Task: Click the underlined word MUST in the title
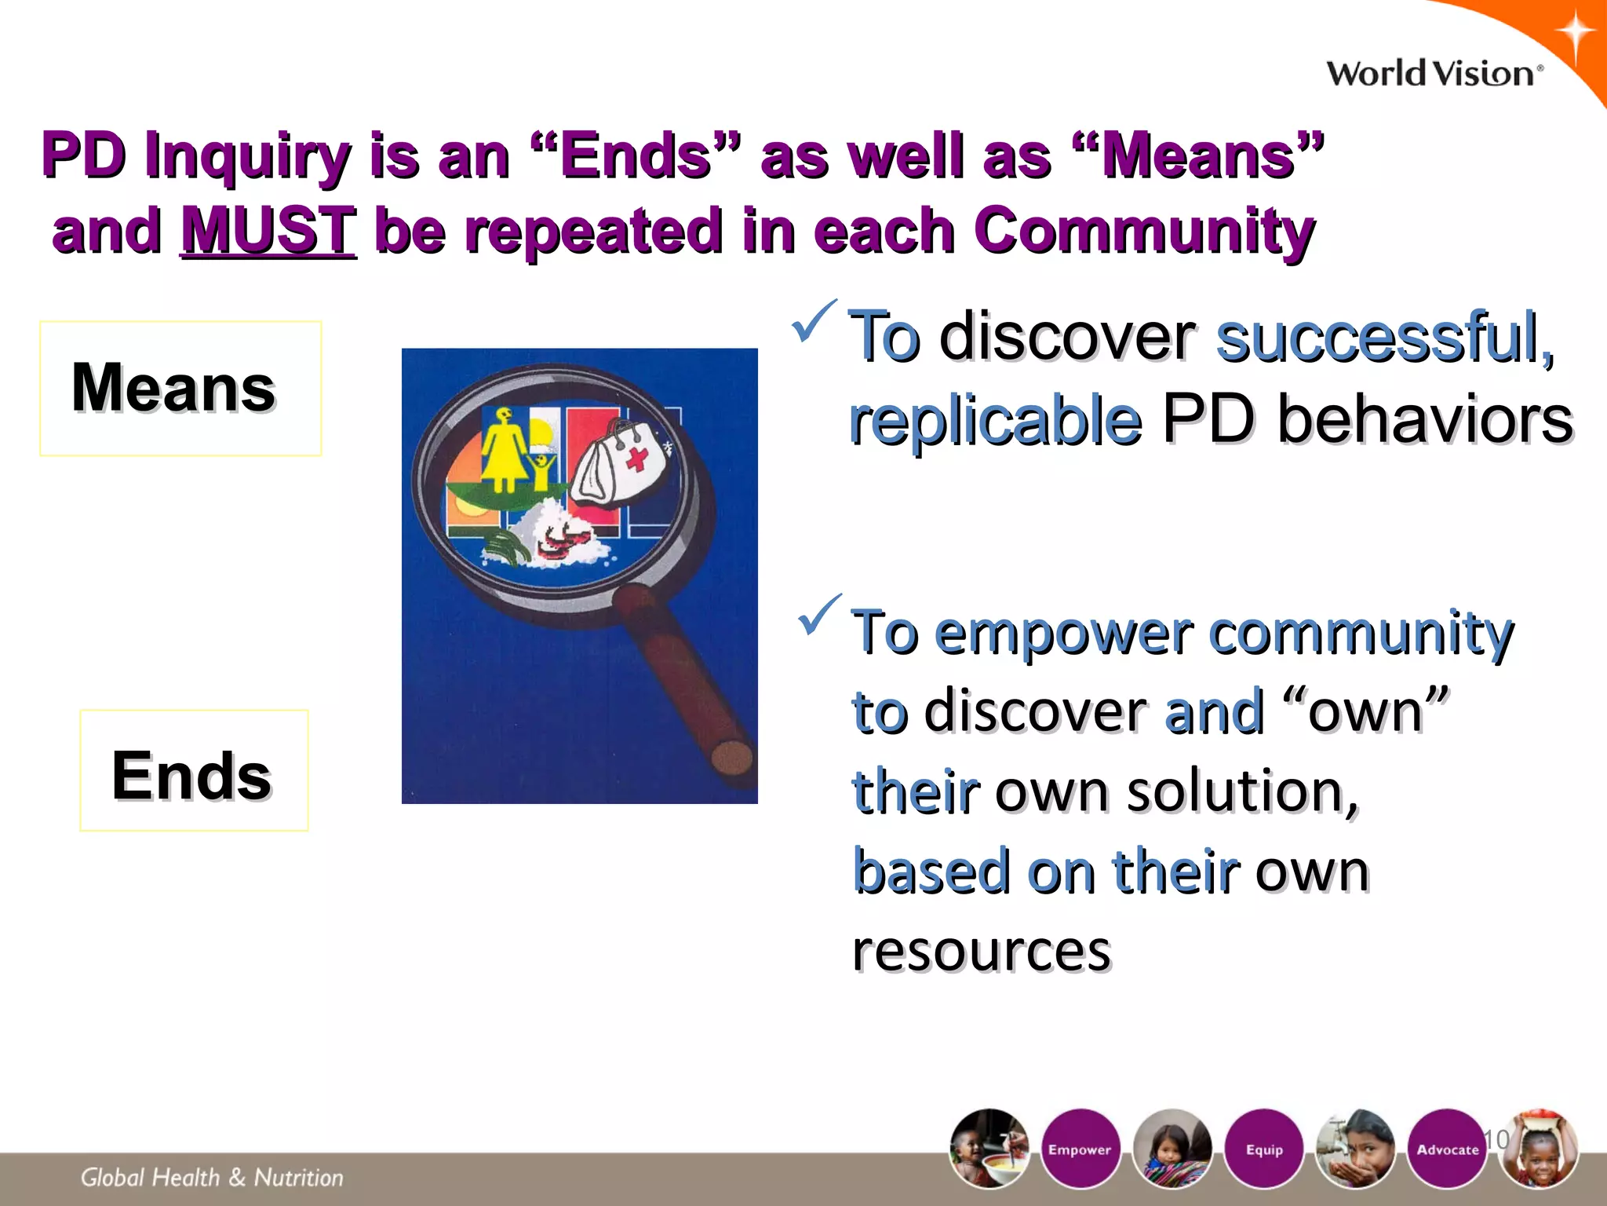click(268, 230)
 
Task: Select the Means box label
click(173, 387)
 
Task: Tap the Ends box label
click(191, 775)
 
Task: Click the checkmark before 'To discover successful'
click(814, 321)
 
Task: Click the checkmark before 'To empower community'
click(818, 616)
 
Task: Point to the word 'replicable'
click(995, 419)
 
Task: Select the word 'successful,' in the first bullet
click(1385, 337)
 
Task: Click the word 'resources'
click(982, 951)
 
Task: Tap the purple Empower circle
click(1080, 1149)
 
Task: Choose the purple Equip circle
click(1264, 1149)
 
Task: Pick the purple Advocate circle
click(1447, 1149)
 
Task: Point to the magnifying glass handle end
click(731, 758)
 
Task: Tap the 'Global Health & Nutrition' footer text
click(212, 1177)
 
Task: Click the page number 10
click(1496, 1138)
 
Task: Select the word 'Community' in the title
click(1143, 230)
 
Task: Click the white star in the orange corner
click(1575, 35)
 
